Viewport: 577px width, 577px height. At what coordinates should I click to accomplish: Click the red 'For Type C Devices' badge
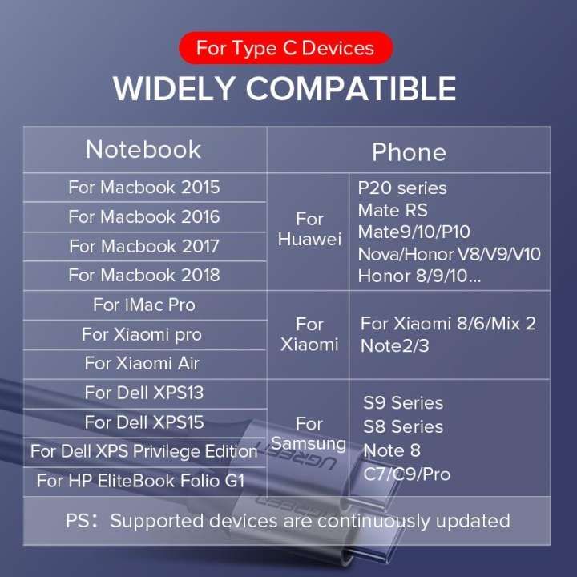click(285, 48)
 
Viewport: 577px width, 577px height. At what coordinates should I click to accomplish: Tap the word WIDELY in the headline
click(174, 89)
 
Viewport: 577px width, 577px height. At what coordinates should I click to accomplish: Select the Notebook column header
click(143, 150)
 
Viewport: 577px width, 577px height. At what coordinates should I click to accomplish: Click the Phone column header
click(409, 152)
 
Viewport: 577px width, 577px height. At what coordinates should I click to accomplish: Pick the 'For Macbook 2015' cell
click(144, 188)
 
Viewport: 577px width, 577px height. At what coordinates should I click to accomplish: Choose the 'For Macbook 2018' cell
click(144, 275)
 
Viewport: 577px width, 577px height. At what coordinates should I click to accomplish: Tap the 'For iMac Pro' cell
click(144, 305)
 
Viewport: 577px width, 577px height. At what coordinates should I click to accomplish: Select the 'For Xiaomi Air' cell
click(142, 363)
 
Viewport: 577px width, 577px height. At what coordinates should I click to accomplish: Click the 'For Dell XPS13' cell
click(144, 393)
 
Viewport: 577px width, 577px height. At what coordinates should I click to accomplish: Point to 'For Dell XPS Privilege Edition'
click(144, 451)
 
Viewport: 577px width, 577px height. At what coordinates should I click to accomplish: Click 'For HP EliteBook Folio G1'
click(141, 481)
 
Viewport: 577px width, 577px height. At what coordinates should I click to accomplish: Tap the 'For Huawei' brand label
click(309, 229)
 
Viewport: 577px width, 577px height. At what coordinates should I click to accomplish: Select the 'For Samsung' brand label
click(309, 434)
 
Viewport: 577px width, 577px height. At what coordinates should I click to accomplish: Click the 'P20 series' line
click(402, 188)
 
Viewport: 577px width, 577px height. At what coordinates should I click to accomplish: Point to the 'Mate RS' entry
click(393, 210)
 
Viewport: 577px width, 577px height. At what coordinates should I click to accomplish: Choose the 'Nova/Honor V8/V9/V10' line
click(450, 254)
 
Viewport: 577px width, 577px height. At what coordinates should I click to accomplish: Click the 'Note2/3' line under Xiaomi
click(395, 346)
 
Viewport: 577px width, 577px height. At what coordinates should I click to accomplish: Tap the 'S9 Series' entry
click(403, 403)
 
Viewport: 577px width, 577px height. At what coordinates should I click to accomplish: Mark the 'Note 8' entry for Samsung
click(392, 450)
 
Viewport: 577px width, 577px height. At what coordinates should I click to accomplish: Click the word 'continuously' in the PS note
click(374, 522)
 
